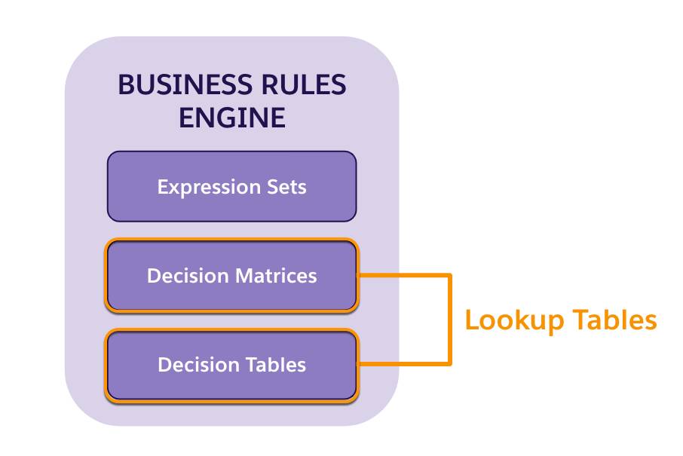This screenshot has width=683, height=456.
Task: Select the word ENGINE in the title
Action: tap(231, 118)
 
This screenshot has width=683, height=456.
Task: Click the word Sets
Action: tap(286, 186)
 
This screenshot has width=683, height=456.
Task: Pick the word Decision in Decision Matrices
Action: tap(188, 276)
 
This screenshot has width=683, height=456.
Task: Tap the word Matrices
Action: tap(275, 276)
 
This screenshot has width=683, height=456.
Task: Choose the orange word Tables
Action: tap(614, 320)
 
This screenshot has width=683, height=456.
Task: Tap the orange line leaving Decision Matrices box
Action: tap(403, 276)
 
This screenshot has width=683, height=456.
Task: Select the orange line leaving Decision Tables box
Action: tap(403, 365)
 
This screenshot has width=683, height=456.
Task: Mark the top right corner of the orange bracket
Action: tap(450, 276)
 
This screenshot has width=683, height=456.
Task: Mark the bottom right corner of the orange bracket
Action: tap(450, 365)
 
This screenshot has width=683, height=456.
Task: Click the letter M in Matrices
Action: tap(243, 276)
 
